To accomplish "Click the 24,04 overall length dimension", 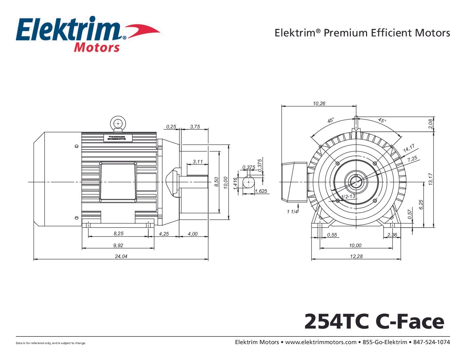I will point(121,256).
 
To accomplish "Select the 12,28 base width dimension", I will point(356,256).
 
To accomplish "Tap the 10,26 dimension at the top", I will point(319,104).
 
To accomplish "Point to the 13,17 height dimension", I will point(431,179).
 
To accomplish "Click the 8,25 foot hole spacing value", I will point(118,234).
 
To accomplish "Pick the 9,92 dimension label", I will point(118,245).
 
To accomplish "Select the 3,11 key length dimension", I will point(198,162).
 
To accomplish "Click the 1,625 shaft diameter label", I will point(261,191).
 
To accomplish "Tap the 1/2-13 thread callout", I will point(348,196).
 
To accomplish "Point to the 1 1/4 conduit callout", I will point(292,212).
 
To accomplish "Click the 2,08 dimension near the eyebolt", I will point(430,124).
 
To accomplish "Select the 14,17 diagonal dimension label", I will point(409,149).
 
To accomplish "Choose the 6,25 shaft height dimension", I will point(421,204).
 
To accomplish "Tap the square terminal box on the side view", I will point(118,182).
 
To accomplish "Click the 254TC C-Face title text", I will point(374,321).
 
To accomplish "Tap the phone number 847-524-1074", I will point(432,342).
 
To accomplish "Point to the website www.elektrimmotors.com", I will point(320,342).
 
